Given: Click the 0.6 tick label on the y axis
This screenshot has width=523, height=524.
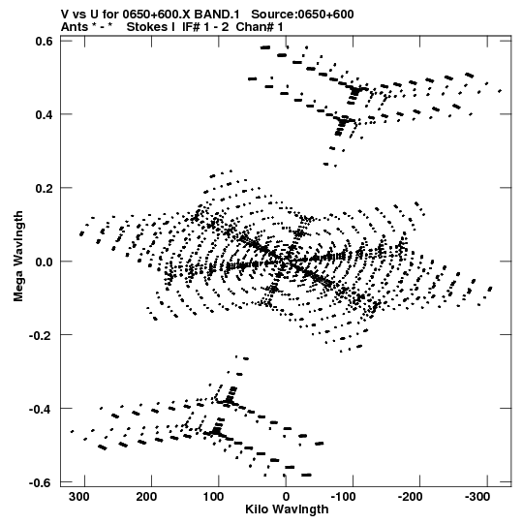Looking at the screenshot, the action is point(45,41).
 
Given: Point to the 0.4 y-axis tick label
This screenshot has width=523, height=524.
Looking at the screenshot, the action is point(45,114).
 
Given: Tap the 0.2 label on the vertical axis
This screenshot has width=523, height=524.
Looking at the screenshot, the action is point(45,188).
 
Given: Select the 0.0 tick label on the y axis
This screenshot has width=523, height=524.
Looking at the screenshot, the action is point(45,262).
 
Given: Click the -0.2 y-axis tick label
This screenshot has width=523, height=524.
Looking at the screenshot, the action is point(41,335).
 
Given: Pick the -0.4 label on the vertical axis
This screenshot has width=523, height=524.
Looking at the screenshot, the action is point(41,409).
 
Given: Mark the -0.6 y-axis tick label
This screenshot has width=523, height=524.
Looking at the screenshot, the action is point(41,482).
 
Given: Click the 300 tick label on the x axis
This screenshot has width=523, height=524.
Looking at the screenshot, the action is point(79,497).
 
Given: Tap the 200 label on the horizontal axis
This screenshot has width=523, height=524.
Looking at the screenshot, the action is point(146,497).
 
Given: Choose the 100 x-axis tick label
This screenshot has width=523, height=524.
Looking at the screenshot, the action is point(213,497).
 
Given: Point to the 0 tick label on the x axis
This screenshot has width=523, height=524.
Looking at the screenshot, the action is point(286,497).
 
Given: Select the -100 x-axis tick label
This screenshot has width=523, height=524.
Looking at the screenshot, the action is point(343,497).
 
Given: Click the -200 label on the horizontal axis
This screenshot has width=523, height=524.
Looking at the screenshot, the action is point(411,497).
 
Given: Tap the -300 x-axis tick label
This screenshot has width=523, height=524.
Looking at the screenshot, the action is point(477,497).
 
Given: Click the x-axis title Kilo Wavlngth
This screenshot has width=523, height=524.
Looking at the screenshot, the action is point(287,509).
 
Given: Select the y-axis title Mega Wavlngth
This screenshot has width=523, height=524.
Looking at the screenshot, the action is point(18,257).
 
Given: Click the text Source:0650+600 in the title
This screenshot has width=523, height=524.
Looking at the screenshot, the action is point(302,15).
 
